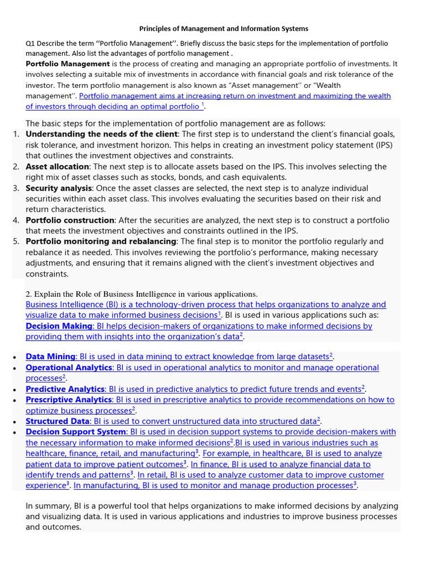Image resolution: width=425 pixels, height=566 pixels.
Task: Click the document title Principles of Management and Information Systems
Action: [223, 28]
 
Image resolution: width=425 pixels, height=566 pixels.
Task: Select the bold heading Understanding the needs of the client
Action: [101, 134]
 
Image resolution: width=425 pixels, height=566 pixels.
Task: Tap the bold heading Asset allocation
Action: [57, 166]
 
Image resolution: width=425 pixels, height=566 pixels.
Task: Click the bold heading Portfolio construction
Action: [70, 220]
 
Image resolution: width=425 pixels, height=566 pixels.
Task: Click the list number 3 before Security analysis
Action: [16, 188]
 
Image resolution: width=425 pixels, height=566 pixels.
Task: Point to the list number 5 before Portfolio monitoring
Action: [16, 242]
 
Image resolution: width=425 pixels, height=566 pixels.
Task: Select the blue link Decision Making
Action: [59, 326]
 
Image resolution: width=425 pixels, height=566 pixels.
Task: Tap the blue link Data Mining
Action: [50, 357]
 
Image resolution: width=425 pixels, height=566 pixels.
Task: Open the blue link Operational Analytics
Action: [69, 368]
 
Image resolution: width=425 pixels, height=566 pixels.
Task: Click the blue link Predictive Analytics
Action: [65, 389]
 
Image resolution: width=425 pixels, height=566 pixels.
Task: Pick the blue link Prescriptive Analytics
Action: [69, 400]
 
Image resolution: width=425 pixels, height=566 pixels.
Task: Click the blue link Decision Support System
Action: [76, 432]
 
